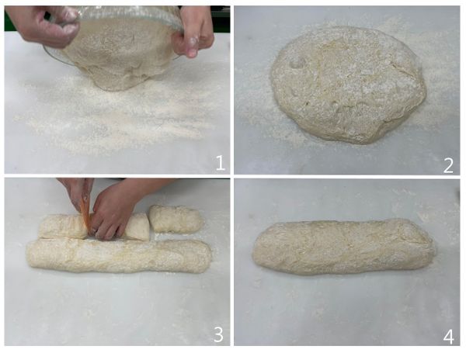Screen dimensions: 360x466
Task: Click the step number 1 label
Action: pyautogui.click(x=220, y=162)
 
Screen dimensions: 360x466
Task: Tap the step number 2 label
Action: pyautogui.click(x=448, y=162)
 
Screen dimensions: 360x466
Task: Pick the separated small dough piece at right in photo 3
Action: pyautogui.click(x=176, y=219)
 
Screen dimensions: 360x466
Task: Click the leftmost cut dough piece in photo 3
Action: pyautogui.click(x=62, y=226)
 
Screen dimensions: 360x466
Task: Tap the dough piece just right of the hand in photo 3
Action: pyautogui.click(x=139, y=227)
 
